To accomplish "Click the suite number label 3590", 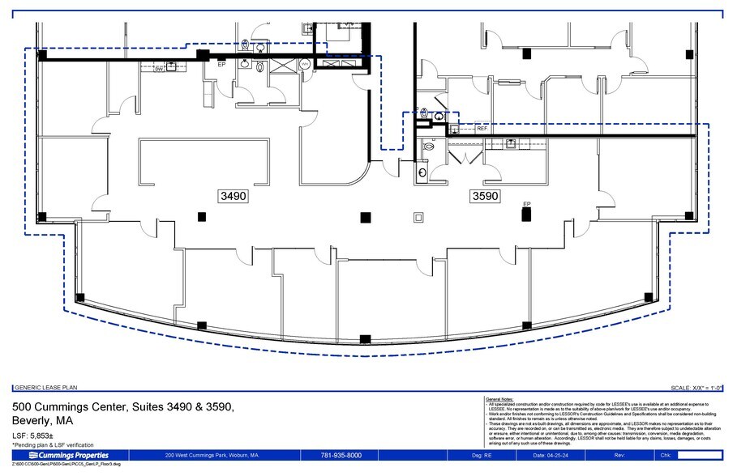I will tap(485, 196).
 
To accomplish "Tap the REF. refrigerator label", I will tap(482, 129).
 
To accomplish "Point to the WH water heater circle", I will tap(305, 63).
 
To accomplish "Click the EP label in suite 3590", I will tap(526, 204).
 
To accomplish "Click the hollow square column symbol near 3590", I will tap(418, 216).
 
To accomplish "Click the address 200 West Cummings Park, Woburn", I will tap(212, 455).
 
